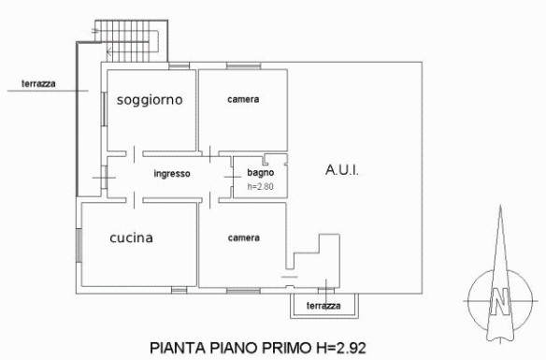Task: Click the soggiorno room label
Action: tap(150, 100)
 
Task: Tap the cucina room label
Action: tap(131, 238)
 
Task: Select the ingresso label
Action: tap(172, 174)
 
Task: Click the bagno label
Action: tap(261, 172)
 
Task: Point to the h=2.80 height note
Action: tap(261, 187)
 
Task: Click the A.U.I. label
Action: tap(342, 170)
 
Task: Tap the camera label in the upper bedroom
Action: tap(243, 99)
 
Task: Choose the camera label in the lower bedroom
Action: tap(244, 238)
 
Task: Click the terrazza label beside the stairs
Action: tap(38, 83)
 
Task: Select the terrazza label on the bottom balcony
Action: tap(323, 306)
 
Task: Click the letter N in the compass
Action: tap(500, 301)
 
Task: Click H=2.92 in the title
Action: tap(341, 348)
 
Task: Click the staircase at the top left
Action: tap(132, 41)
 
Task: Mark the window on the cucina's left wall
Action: tap(79, 245)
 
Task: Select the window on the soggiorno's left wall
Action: tap(104, 109)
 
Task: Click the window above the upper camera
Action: tap(243, 65)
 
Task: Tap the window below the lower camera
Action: tap(243, 291)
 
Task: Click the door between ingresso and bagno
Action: tap(232, 177)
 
